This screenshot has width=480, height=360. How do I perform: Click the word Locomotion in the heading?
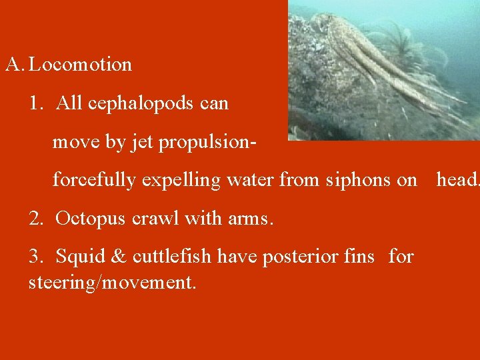coord(81,65)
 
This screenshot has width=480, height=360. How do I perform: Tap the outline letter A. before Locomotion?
coord(15,65)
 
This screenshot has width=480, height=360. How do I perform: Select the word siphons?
coord(356,180)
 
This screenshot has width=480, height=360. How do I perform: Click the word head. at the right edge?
coord(457,180)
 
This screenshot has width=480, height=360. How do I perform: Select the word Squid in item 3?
coord(77,257)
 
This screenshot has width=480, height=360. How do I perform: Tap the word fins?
coord(359,257)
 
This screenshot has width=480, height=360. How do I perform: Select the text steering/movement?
coord(112,283)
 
